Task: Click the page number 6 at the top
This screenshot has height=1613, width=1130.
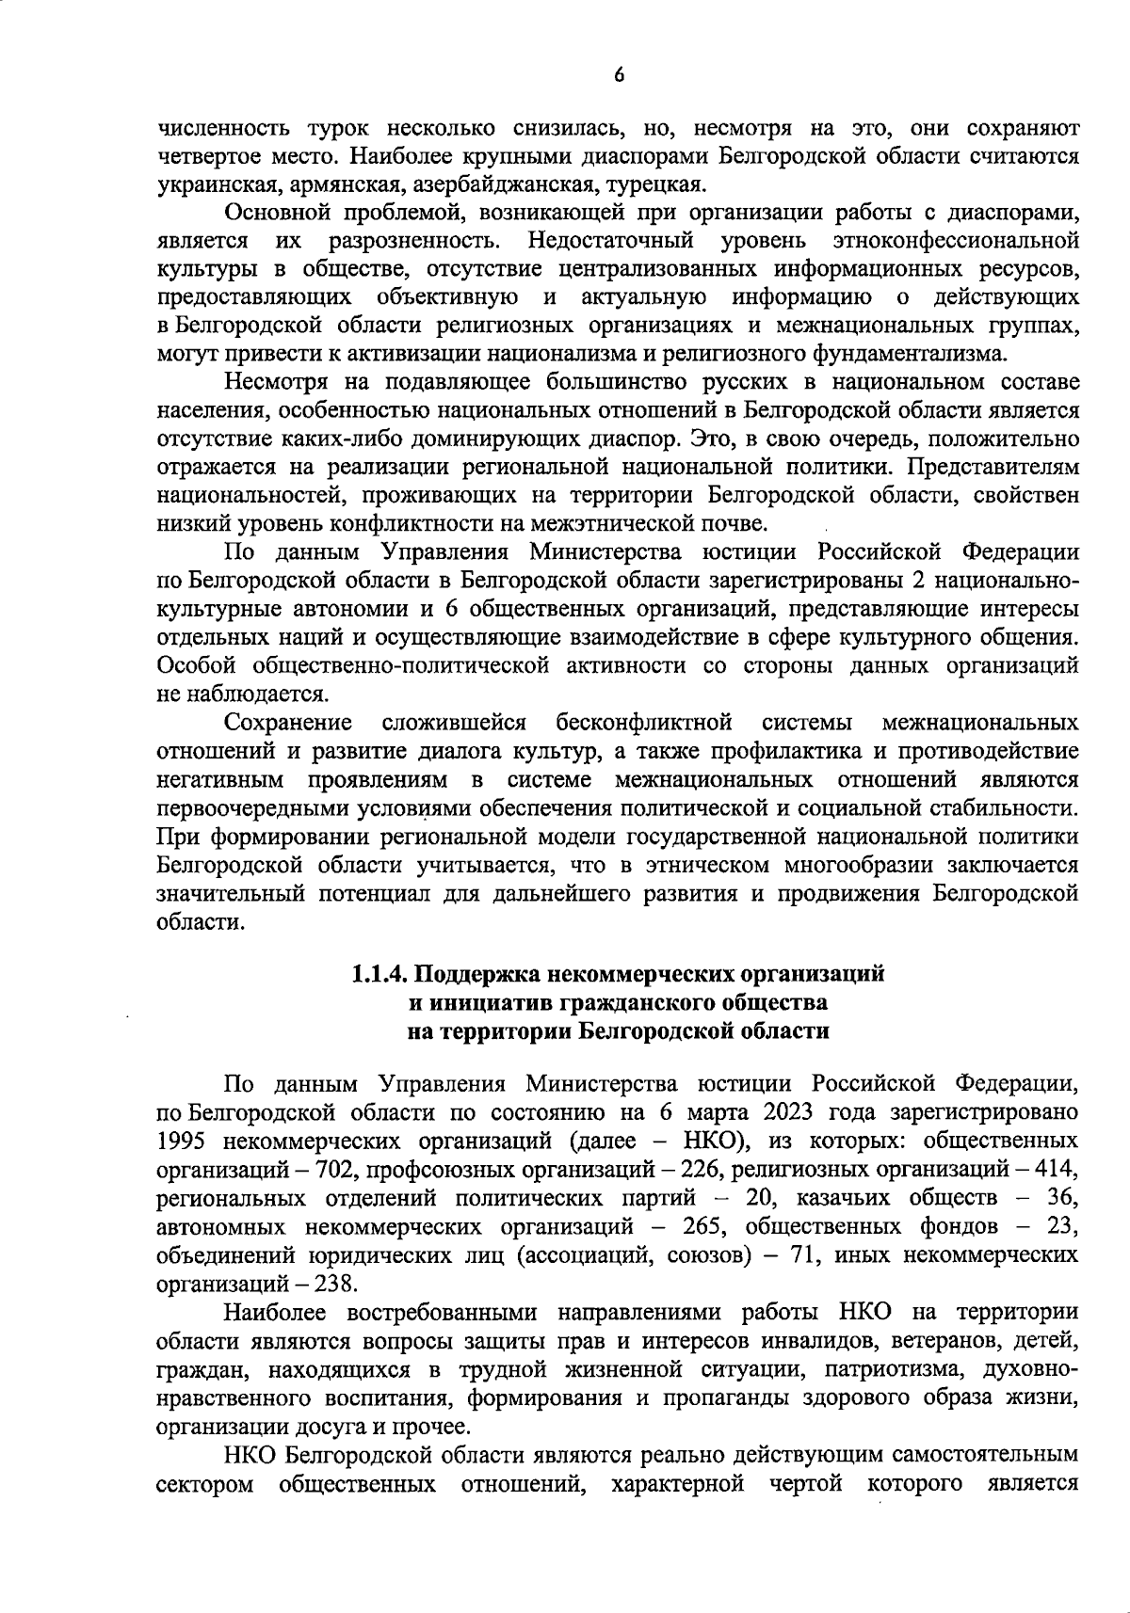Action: click(619, 76)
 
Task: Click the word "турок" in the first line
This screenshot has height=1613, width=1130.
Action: click(337, 127)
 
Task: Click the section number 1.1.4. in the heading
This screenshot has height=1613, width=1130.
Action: click(380, 974)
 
